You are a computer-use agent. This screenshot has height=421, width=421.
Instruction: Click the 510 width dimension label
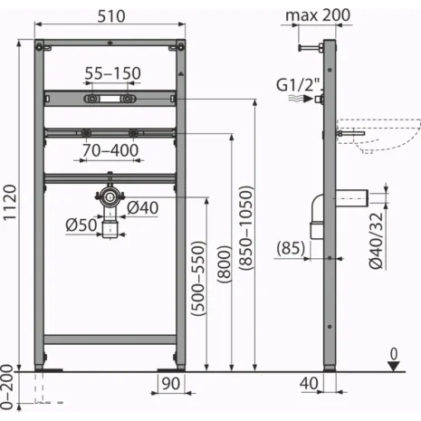tap(111, 16)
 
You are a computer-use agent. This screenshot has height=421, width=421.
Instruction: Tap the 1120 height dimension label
tap(10, 203)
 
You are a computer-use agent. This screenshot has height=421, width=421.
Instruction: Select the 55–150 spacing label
tap(112, 73)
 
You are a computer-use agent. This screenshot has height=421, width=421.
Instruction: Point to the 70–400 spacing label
tap(110, 150)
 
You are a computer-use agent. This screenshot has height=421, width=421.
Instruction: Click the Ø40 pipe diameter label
tap(142, 207)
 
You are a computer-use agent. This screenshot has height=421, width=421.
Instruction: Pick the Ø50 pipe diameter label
tap(81, 225)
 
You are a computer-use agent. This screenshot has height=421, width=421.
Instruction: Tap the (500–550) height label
tap(198, 278)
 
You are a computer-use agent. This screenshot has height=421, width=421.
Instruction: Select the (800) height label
tap(225, 264)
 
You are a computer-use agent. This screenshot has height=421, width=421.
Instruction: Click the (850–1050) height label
tap(245, 228)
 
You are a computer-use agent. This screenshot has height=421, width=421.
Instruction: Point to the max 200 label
tap(318, 15)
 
